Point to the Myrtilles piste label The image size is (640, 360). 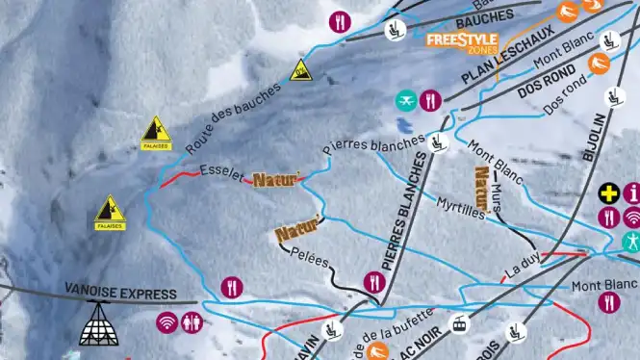[x=460, y=209]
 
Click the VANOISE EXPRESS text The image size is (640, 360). [x=121, y=293]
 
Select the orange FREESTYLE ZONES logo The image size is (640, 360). [x=462, y=39]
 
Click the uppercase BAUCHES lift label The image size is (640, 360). [x=485, y=18]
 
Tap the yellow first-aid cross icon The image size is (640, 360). [x=608, y=193]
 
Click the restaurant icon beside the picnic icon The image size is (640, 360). [x=430, y=99]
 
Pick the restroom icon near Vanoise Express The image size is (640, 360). [x=191, y=321]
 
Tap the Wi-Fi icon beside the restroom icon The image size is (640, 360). [x=167, y=321]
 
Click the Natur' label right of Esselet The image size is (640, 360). [x=277, y=179]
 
